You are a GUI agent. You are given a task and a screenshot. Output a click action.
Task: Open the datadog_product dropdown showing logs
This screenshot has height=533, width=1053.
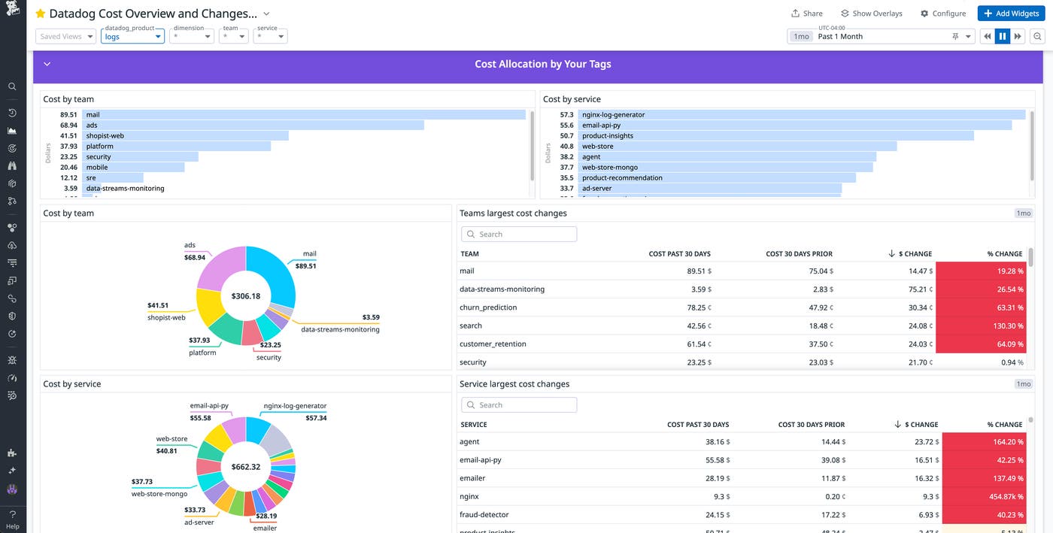132,36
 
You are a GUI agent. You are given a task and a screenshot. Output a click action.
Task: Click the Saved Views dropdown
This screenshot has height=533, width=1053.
66,36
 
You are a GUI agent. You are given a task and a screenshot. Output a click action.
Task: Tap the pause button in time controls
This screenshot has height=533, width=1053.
1002,36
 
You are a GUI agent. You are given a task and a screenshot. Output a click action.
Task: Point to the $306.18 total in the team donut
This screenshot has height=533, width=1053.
246,296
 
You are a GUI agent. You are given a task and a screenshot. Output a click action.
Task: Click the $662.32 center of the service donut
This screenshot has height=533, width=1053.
246,467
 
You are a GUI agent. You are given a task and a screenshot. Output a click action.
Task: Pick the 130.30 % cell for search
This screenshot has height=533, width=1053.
981,326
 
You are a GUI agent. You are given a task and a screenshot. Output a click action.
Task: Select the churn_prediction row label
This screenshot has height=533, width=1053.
488,307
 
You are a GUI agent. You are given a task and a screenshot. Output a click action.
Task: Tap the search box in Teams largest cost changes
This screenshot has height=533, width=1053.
519,235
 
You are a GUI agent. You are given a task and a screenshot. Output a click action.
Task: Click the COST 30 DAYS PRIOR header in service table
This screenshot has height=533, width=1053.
811,425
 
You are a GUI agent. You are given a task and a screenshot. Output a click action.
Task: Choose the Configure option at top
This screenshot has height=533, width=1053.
943,14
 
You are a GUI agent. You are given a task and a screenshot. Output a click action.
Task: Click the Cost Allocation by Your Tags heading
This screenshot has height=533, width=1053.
542,65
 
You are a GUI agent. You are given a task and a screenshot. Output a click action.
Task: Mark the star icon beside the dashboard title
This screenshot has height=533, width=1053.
41,14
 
